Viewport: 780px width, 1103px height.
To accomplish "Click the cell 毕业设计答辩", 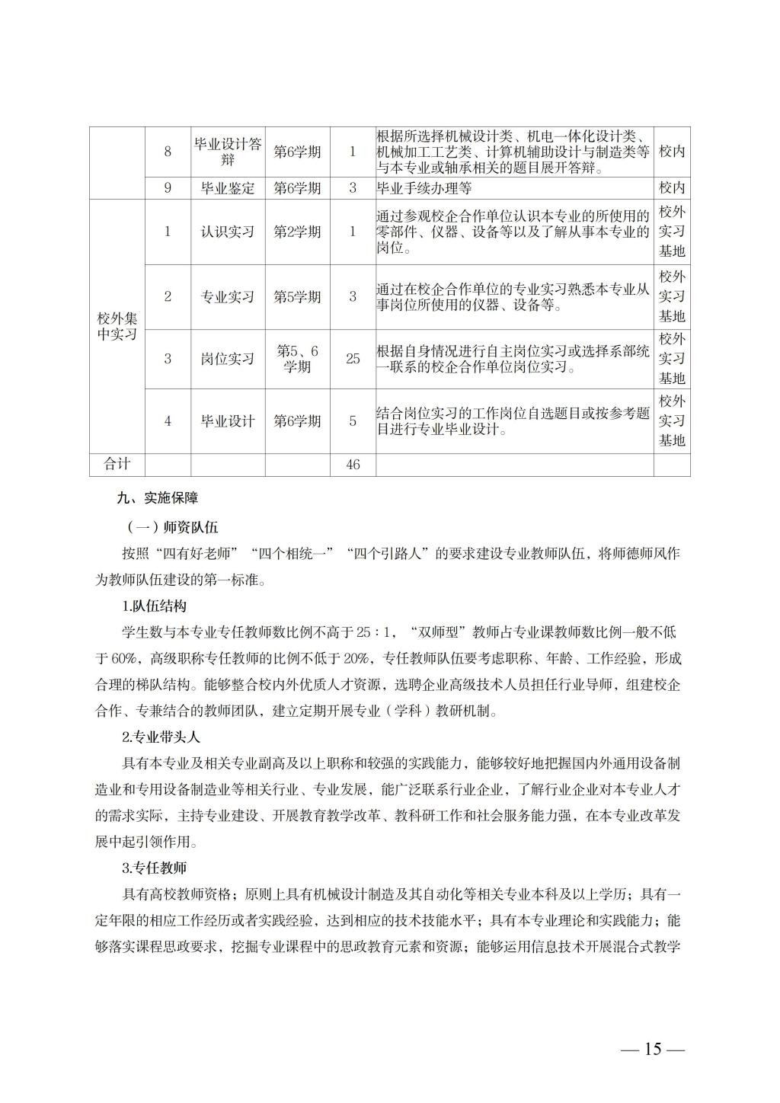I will (228, 152).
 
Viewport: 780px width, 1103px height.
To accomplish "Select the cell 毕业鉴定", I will (228, 188).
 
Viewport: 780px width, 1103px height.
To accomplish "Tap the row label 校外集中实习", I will (117, 326).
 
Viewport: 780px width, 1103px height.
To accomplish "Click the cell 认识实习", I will (228, 232).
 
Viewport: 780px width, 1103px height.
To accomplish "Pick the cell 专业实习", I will (228, 297).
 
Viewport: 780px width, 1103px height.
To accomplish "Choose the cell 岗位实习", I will (228, 359).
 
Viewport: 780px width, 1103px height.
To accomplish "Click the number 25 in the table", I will (353, 359).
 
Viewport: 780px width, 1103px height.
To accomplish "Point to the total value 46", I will (353, 465).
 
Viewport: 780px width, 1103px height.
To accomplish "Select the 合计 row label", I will (117, 464).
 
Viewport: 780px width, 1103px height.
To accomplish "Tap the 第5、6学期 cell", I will (297, 359).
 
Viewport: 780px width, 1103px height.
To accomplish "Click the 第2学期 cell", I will (297, 232).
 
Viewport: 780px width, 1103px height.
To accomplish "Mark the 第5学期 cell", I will (297, 297).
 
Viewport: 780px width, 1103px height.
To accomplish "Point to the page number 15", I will (653, 1049).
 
